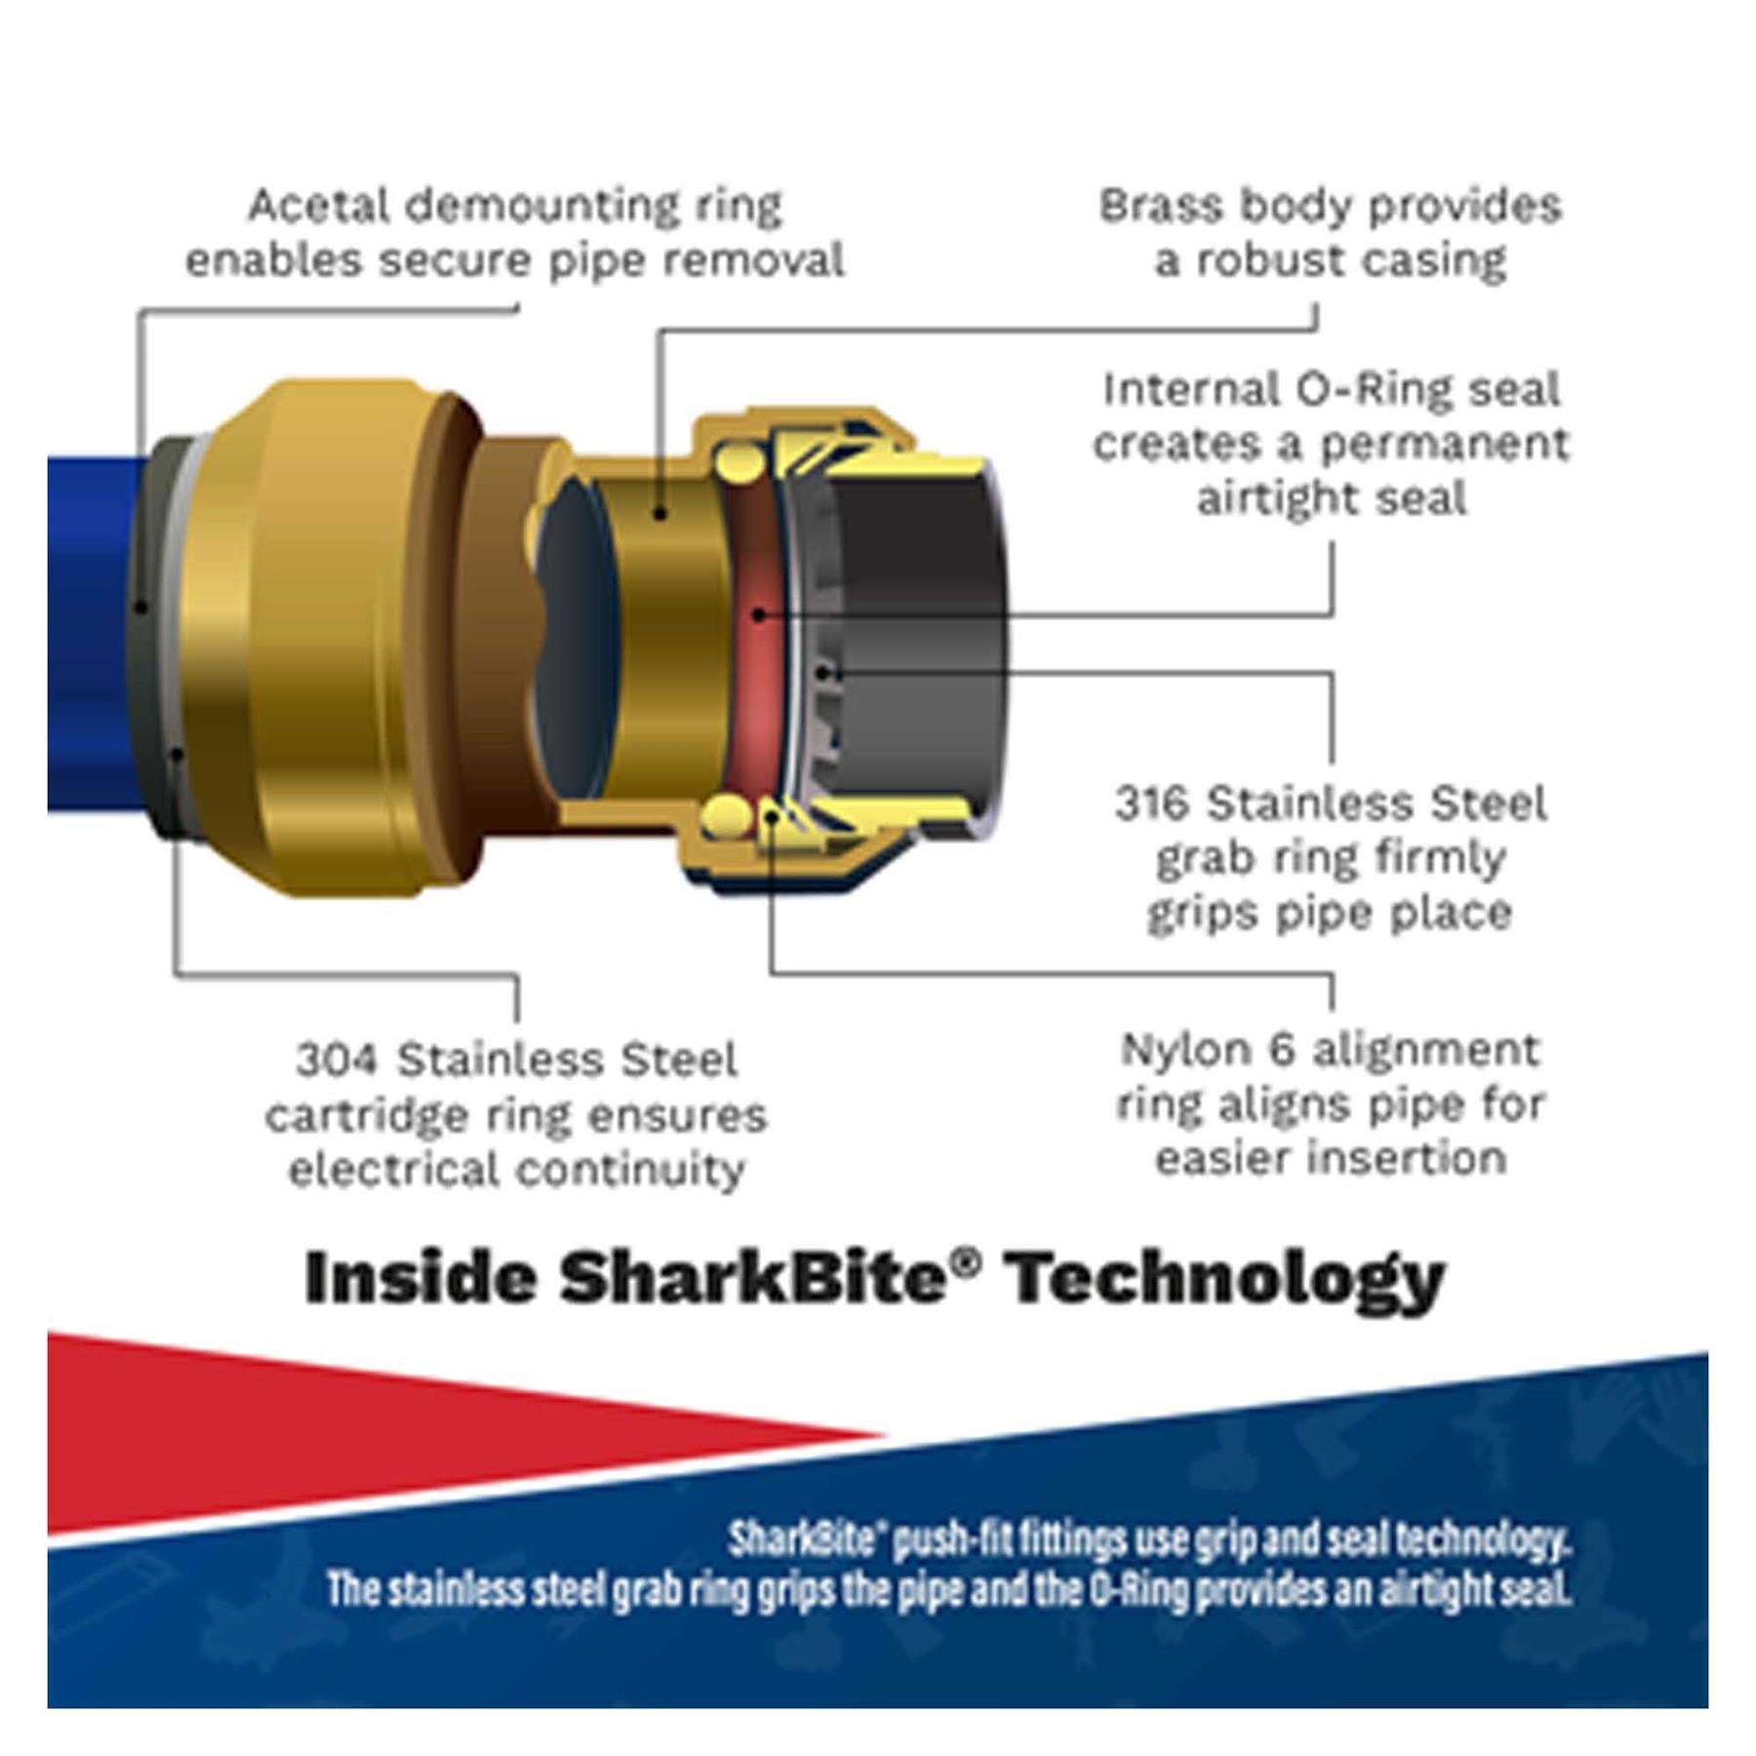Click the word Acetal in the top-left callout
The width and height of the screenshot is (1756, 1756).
(318, 206)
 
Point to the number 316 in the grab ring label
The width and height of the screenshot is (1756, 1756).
(1153, 804)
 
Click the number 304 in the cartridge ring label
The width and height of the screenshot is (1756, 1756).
(337, 1059)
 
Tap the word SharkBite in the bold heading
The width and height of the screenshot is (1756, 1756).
(752, 1277)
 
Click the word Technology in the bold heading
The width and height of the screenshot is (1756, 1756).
(1226, 1280)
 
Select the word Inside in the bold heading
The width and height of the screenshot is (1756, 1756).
(421, 1277)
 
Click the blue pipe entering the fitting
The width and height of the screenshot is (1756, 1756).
(93, 634)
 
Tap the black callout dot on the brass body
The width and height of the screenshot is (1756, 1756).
(660, 513)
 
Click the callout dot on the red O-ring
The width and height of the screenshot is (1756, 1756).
(759, 615)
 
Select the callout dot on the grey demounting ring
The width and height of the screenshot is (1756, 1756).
(141, 608)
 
